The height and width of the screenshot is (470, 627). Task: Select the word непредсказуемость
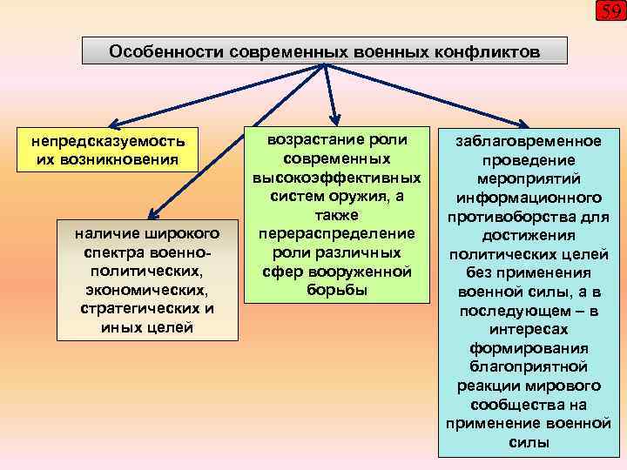tap(108, 141)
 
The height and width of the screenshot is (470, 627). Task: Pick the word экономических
tap(147, 291)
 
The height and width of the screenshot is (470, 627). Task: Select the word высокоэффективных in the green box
tap(337, 178)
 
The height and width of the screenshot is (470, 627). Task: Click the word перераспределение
tap(337, 233)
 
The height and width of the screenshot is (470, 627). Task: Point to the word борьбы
tap(337, 290)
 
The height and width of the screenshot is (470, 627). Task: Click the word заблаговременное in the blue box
tap(530, 141)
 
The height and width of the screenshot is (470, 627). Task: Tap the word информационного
tap(530, 197)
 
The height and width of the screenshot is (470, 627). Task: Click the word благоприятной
tap(530, 366)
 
